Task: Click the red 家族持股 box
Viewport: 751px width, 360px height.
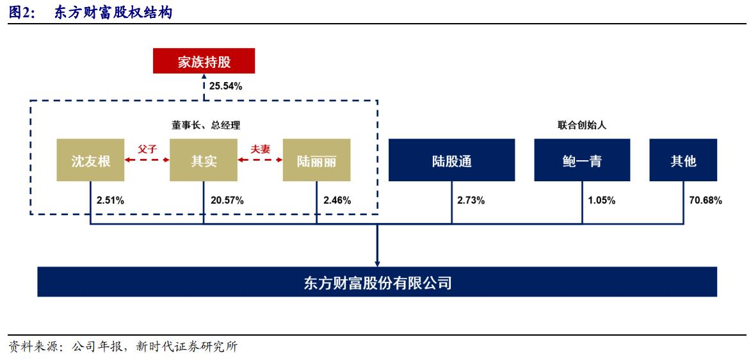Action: (x=204, y=62)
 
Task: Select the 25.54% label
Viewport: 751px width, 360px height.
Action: (x=225, y=86)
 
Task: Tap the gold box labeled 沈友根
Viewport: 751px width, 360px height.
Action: (x=90, y=160)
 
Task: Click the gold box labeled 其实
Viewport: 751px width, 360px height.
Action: (x=204, y=160)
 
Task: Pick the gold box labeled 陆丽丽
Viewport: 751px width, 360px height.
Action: (x=317, y=160)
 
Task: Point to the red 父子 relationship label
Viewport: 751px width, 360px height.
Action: (x=147, y=148)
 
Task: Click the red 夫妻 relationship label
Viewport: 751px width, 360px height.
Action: (x=260, y=148)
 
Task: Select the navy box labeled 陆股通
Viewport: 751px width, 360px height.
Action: (x=451, y=160)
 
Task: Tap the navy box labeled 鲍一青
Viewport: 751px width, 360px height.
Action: (x=581, y=160)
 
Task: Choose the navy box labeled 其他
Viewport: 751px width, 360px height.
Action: (x=683, y=160)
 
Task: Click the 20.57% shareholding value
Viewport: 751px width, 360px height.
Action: (x=227, y=200)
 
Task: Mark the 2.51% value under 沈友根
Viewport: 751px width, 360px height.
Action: (x=110, y=200)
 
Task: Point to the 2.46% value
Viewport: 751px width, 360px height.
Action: (x=337, y=200)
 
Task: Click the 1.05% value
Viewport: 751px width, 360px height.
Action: (x=601, y=200)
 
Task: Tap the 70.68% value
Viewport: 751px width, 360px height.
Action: (x=705, y=200)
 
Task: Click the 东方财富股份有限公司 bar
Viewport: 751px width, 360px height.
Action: (x=377, y=282)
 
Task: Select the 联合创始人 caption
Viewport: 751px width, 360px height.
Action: (x=581, y=126)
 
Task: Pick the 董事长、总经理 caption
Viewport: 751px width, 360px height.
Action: (x=204, y=126)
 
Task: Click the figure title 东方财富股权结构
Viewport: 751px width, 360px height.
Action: (x=112, y=12)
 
